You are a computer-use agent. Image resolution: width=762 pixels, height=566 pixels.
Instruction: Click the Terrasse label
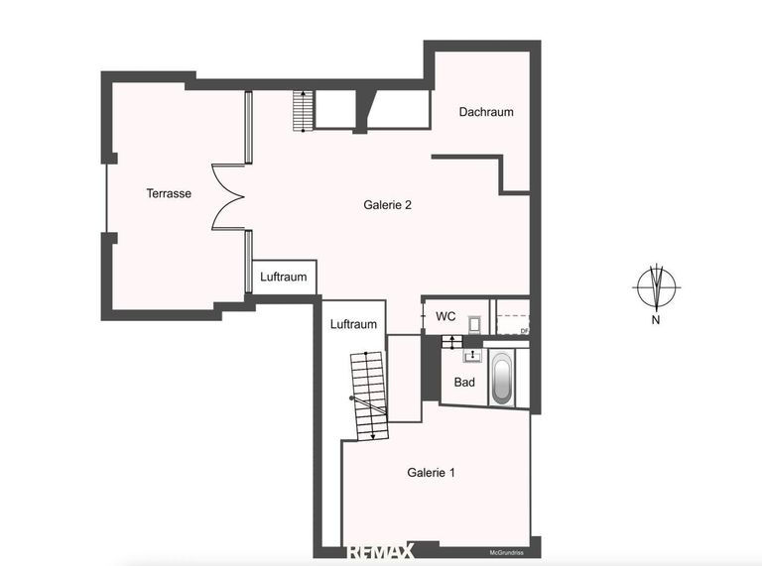(x=169, y=193)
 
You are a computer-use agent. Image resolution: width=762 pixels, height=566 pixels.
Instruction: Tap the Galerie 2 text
(x=387, y=205)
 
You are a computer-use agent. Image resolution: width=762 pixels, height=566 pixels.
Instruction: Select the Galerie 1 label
(x=432, y=473)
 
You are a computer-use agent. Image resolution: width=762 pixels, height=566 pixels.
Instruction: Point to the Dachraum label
(x=486, y=112)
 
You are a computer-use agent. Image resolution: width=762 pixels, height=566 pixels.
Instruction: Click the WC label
(x=446, y=316)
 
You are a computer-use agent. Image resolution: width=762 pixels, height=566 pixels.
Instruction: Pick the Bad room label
(x=464, y=382)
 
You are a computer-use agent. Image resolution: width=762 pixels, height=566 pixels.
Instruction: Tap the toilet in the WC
(x=474, y=322)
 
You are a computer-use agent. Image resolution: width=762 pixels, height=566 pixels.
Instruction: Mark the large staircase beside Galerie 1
(x=367, y=395)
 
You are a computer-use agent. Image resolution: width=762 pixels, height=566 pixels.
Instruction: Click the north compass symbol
(x=656, y=288)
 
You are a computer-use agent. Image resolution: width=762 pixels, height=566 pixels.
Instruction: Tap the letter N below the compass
(x=656, y=319)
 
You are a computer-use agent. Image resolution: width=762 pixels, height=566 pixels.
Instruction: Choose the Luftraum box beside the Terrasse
(x=284, y=277)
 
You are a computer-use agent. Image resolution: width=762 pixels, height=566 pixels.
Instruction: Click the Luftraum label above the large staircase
(x=353, y=324)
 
